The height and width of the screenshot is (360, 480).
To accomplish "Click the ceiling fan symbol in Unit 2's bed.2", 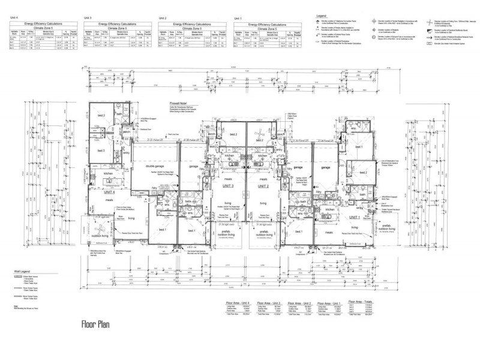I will tap(258, 134).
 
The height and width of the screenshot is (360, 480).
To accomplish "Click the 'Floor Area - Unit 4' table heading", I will tap(237, 304).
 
